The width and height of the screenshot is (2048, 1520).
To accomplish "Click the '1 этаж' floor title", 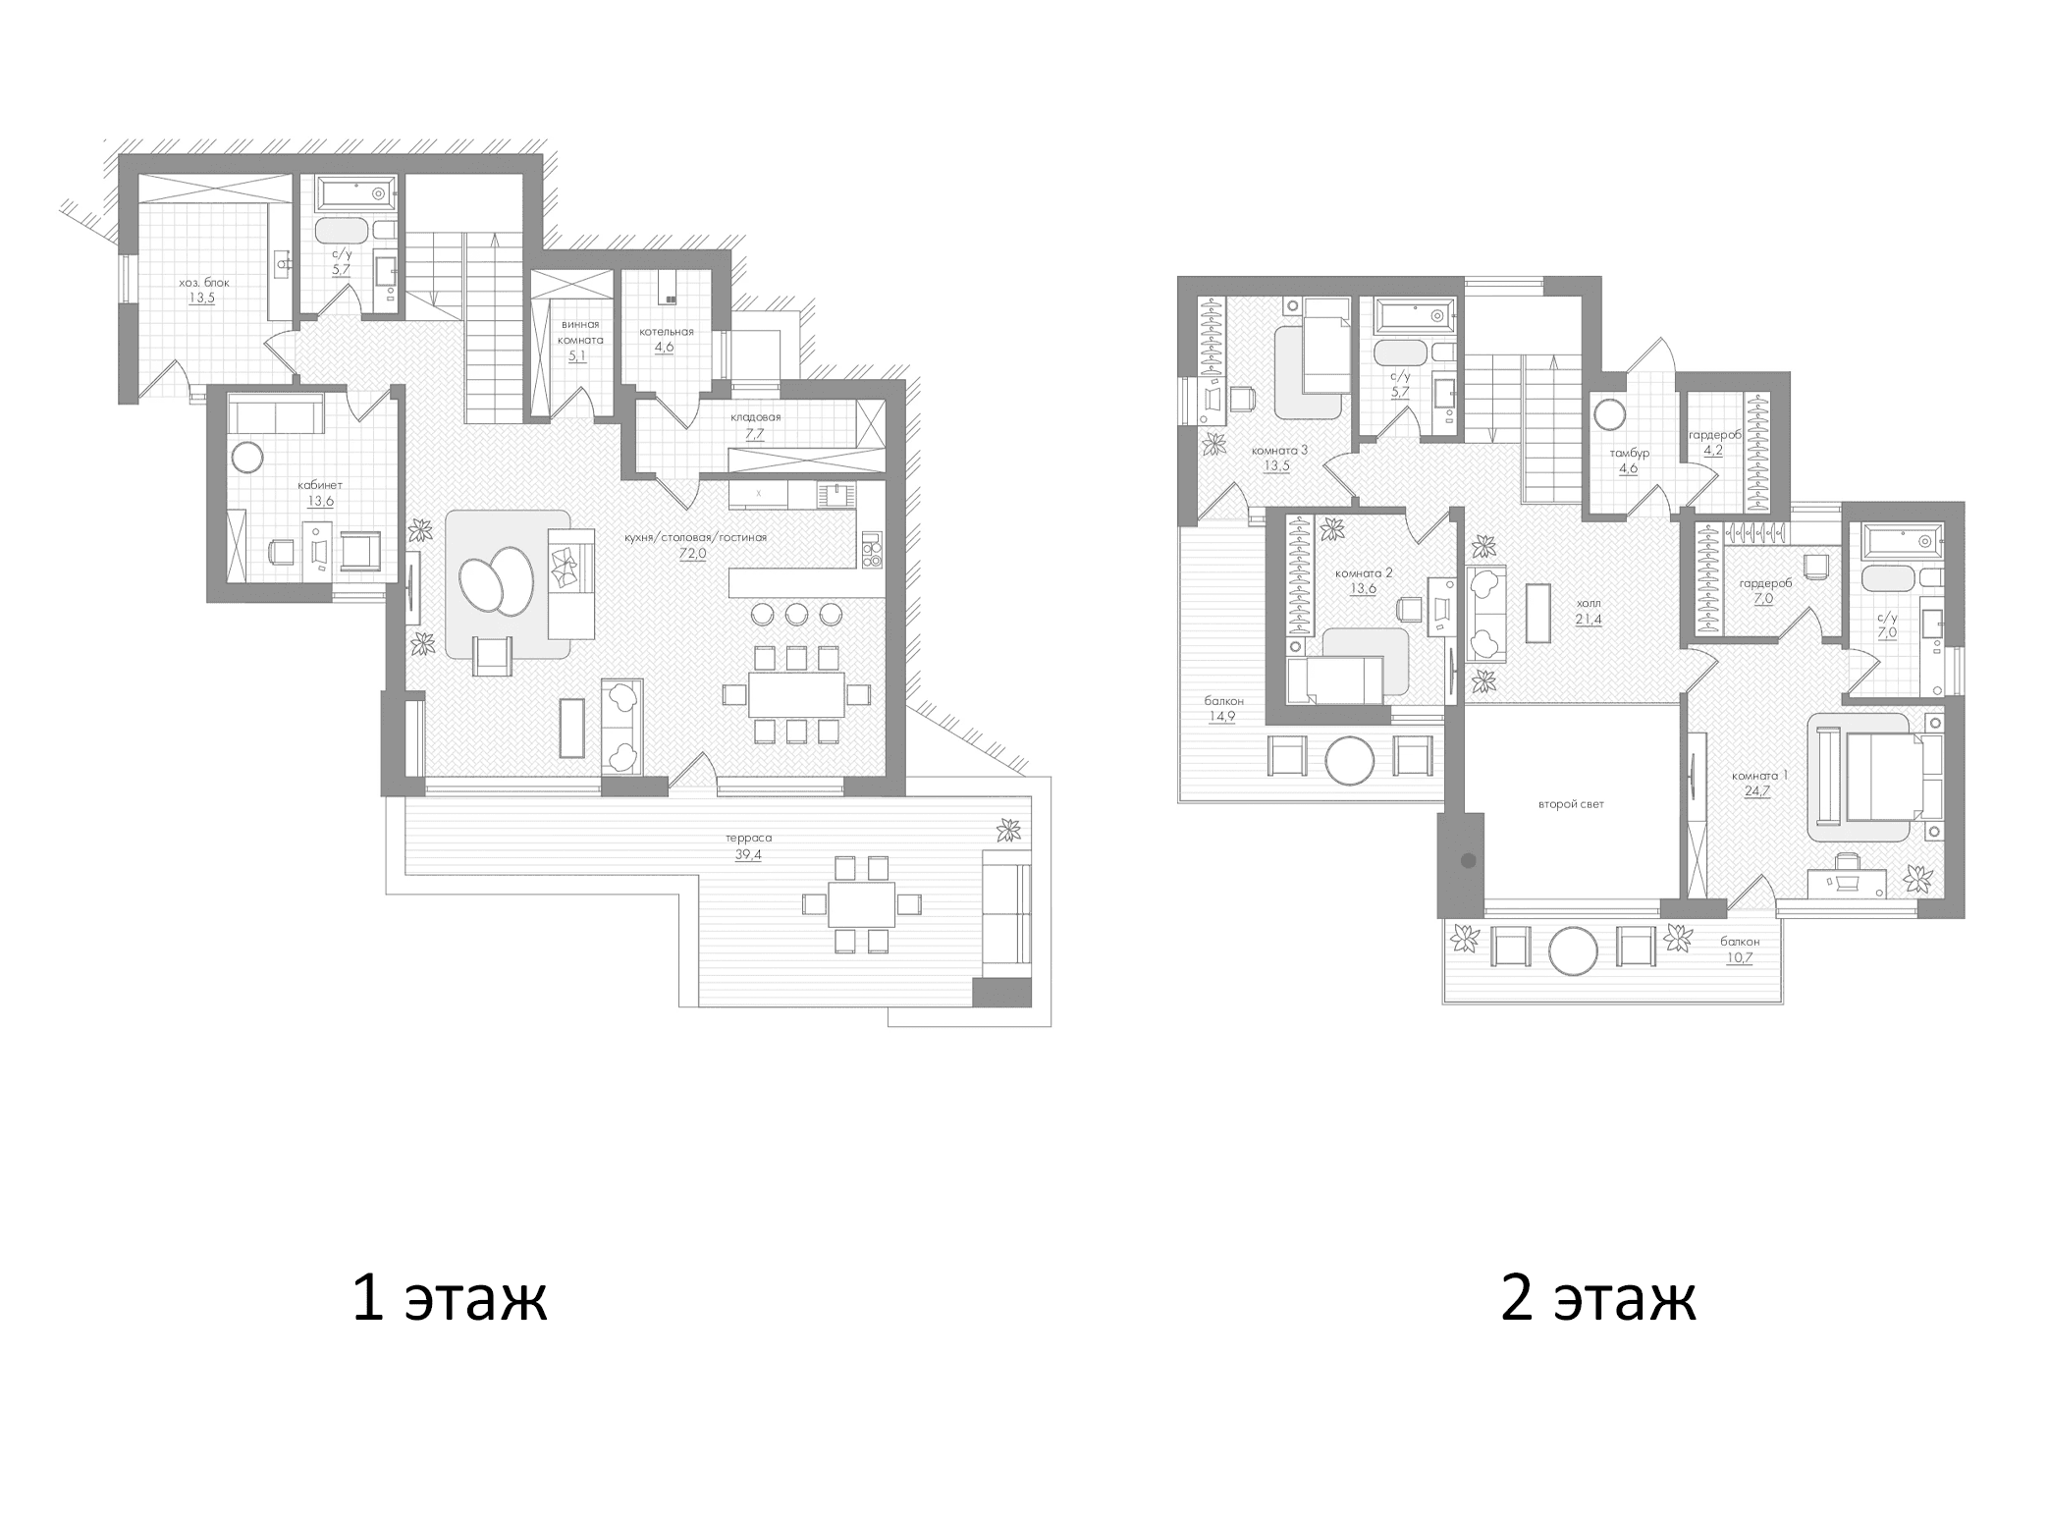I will (450, 1298).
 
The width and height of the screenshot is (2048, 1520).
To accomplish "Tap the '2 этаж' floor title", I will (1597, 1298).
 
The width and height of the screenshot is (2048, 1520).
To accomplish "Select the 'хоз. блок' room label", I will (204, 283).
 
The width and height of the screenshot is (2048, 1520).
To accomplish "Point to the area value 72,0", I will (693, 554).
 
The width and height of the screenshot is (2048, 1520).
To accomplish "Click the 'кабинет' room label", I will (320, 485).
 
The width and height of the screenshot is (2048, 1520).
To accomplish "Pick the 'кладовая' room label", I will (755, 416).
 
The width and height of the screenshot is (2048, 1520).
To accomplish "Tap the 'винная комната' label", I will (580, 332).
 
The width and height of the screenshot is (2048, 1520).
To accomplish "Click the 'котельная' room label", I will (667, 332).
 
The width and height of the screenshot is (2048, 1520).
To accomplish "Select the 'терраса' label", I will (748, 838).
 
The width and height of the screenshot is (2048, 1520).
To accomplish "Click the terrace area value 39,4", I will (748, 854).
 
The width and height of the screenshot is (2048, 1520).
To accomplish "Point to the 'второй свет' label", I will (1571, 803).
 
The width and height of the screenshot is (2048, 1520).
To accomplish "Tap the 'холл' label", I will (1588, 603).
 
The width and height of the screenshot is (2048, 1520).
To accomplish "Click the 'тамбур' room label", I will (1629, 454).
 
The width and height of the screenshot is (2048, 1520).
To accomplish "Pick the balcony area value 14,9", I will (1222, 717).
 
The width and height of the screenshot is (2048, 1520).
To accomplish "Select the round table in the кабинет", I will (245, 459).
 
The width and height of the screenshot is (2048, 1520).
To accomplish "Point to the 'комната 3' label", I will (1279, 451).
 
